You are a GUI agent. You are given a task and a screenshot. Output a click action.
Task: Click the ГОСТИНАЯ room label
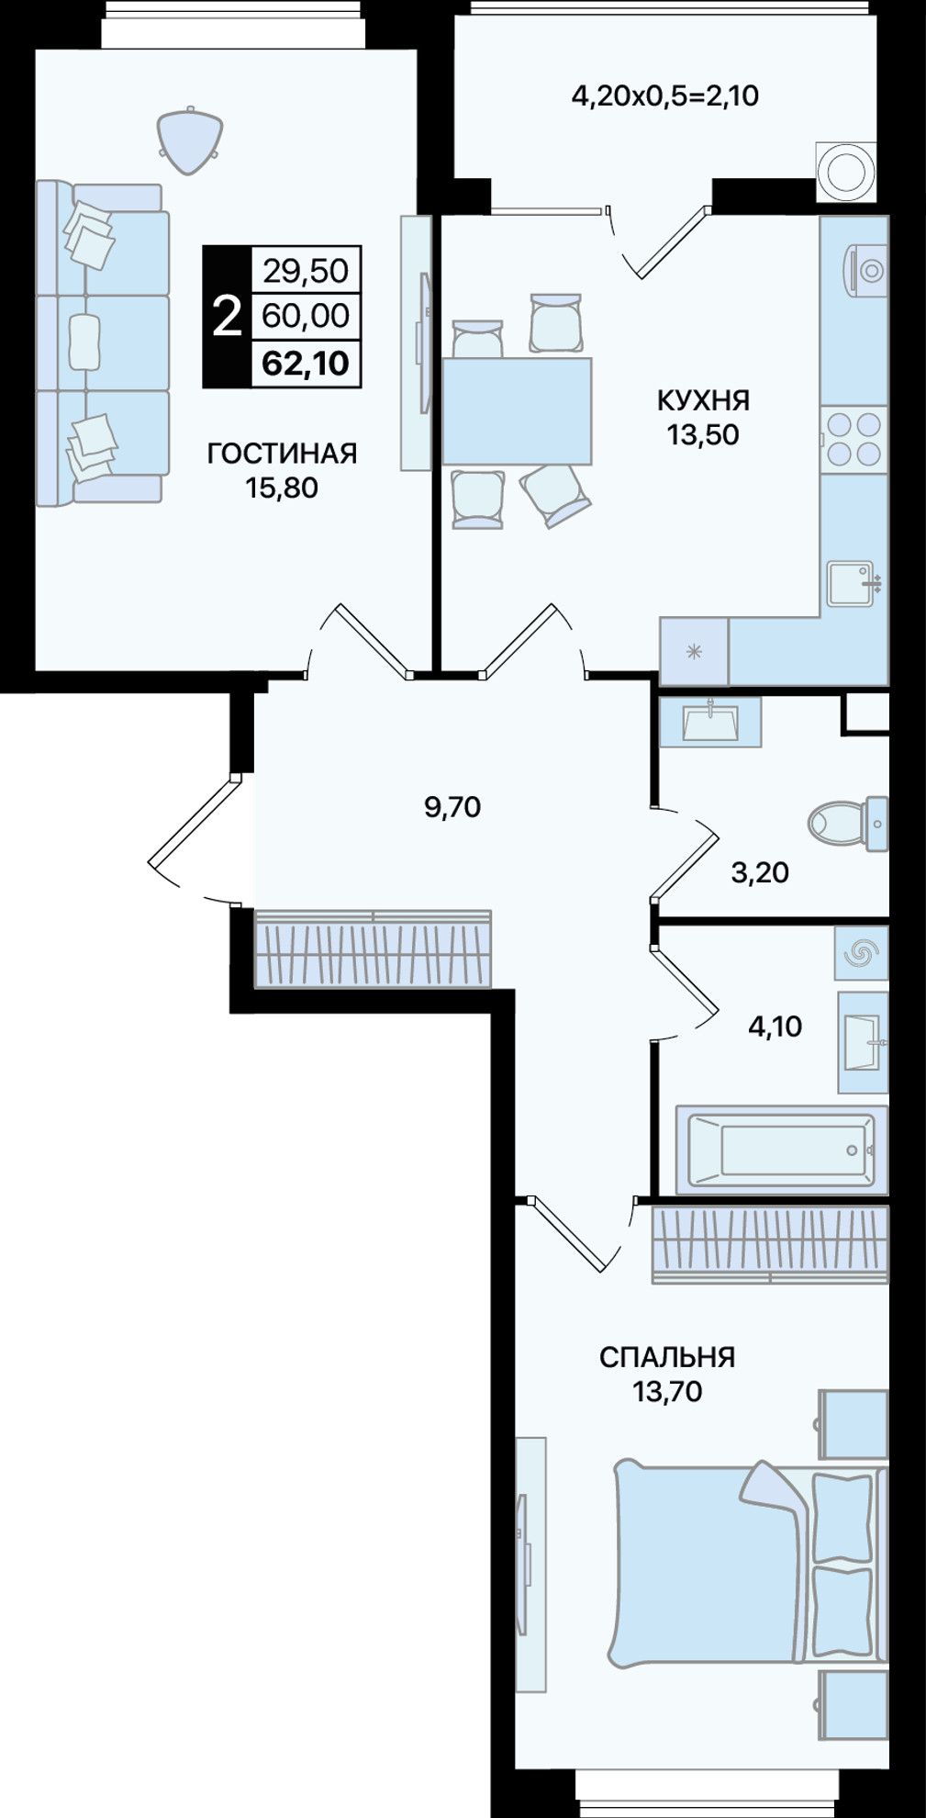tap(282, 454)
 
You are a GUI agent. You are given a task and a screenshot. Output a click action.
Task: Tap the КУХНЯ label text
tap(703, 400)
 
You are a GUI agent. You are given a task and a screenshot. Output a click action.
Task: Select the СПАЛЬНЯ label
tap(667, 1357)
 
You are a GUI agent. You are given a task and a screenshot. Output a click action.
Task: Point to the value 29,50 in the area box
tap(306, 270)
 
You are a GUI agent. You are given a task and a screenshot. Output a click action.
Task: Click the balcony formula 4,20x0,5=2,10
tap(665, 95)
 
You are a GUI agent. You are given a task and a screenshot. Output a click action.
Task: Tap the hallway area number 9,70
tap(452, 807)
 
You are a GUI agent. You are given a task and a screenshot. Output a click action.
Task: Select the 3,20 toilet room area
tap(760, 872)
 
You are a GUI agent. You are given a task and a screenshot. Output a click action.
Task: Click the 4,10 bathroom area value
tap(775, 1027)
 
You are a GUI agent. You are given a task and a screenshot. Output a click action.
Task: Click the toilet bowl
tap(847, 824)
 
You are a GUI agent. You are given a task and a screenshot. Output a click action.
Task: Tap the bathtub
tap(782, 1150)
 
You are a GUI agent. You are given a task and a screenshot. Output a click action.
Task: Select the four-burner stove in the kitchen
tap(854, 439)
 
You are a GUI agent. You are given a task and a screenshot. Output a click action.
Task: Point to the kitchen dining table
tap(517, 411)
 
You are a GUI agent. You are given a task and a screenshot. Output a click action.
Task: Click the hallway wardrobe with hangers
tap(373, 949)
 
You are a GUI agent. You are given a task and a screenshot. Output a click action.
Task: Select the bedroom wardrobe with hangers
tap(770, 1244)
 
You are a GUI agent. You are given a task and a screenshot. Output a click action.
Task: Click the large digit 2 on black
tap(227, 317)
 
